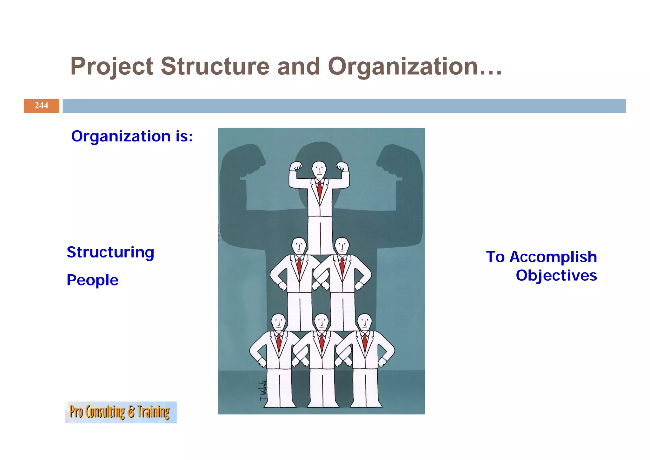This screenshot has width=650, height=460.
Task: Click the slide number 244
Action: pos(41,106)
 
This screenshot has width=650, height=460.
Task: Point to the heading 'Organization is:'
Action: pos(132,136)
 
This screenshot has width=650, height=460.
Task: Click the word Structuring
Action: pos(110,252)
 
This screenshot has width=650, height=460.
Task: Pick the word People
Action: pos(92,280)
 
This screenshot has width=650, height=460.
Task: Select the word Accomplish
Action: pos(553,257)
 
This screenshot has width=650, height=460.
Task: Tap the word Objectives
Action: pos(556,275)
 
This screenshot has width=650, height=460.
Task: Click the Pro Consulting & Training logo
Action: pos(121,412)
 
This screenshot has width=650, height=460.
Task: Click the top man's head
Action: pos(319,169)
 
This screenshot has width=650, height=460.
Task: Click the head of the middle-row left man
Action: pos(299,246)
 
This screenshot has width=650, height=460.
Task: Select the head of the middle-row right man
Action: pos(342,246)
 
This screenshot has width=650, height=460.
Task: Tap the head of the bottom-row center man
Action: pos(322,322)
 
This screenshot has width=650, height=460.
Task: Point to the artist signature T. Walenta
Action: pos(263,391)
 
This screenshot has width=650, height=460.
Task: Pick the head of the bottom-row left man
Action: pos(279,322)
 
